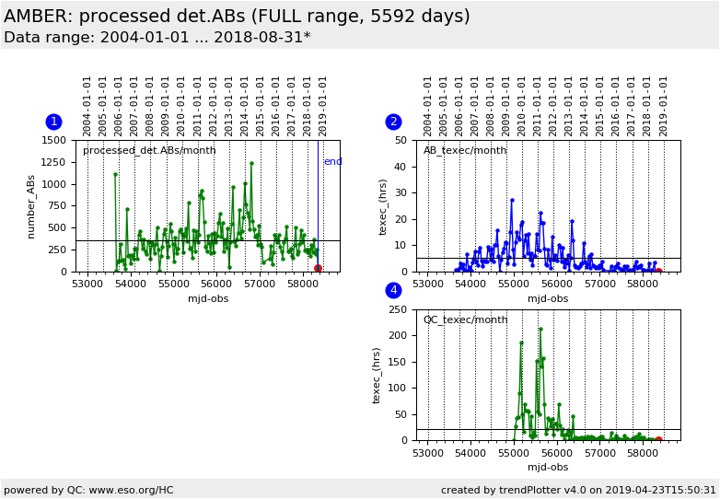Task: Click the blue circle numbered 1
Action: [53, 122]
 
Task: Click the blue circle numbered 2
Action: [393, 122]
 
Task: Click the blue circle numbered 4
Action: [393, 290]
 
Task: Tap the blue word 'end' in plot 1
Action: [333, 162]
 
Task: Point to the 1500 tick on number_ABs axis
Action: [53, 140]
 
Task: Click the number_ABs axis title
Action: [30, 206]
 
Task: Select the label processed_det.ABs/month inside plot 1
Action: [149, 151]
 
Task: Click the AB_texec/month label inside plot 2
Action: [465, 151]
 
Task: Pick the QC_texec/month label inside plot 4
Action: [465, 319]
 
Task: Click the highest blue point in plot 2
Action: [512, 200]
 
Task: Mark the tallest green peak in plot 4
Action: [540, 330]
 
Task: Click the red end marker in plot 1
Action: [318, 268]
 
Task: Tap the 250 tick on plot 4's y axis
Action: [398, 309]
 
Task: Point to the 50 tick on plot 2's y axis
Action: [401, 140]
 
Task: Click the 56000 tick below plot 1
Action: [216, 284]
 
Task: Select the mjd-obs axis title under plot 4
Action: [548, 467]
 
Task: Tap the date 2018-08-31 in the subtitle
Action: [259, 37]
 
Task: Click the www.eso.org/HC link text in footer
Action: [132, 490]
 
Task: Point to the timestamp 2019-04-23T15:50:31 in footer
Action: [660, 490]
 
